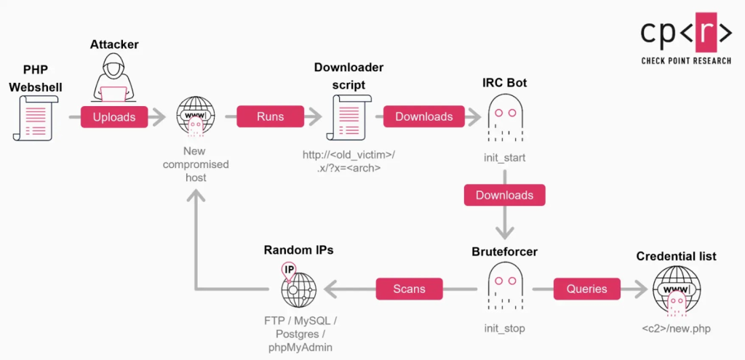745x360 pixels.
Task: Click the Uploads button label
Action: pos(114,116)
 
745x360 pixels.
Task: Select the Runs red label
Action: pos(270,116)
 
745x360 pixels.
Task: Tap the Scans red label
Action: pos(409,289)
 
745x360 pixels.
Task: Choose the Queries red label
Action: pos(586,289)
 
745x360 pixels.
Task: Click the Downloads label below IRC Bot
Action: pos(504,195)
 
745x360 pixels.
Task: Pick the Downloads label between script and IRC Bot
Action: pos(423,116)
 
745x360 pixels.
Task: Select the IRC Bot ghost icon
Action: pos(505,119)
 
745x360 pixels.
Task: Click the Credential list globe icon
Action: pos(676,290)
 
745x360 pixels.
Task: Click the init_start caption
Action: pos(505,157)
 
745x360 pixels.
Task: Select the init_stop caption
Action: pos(505,329)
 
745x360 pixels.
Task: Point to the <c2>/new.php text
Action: pos(676,329)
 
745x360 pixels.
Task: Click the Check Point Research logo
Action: pos(685,38)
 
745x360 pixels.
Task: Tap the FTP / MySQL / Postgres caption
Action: pos(300,329)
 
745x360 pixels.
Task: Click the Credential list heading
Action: pos(676,256)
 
